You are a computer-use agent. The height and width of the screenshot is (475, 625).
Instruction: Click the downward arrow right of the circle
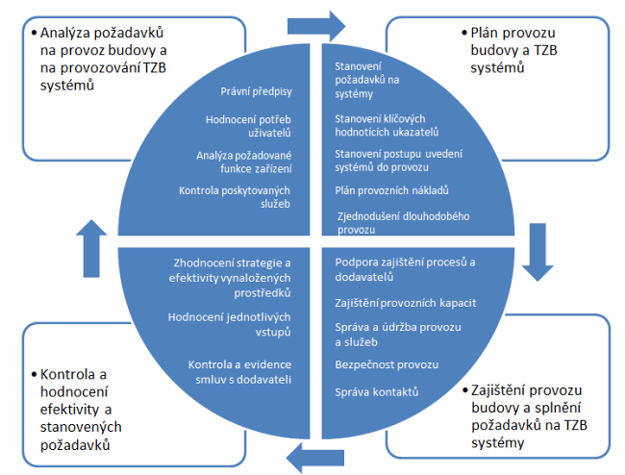536,255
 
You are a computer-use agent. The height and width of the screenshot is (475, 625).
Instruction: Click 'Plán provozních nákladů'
392,189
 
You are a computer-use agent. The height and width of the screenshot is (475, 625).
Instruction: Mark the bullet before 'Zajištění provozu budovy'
465,391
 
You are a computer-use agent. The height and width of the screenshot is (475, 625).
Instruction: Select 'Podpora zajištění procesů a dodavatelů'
405,268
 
